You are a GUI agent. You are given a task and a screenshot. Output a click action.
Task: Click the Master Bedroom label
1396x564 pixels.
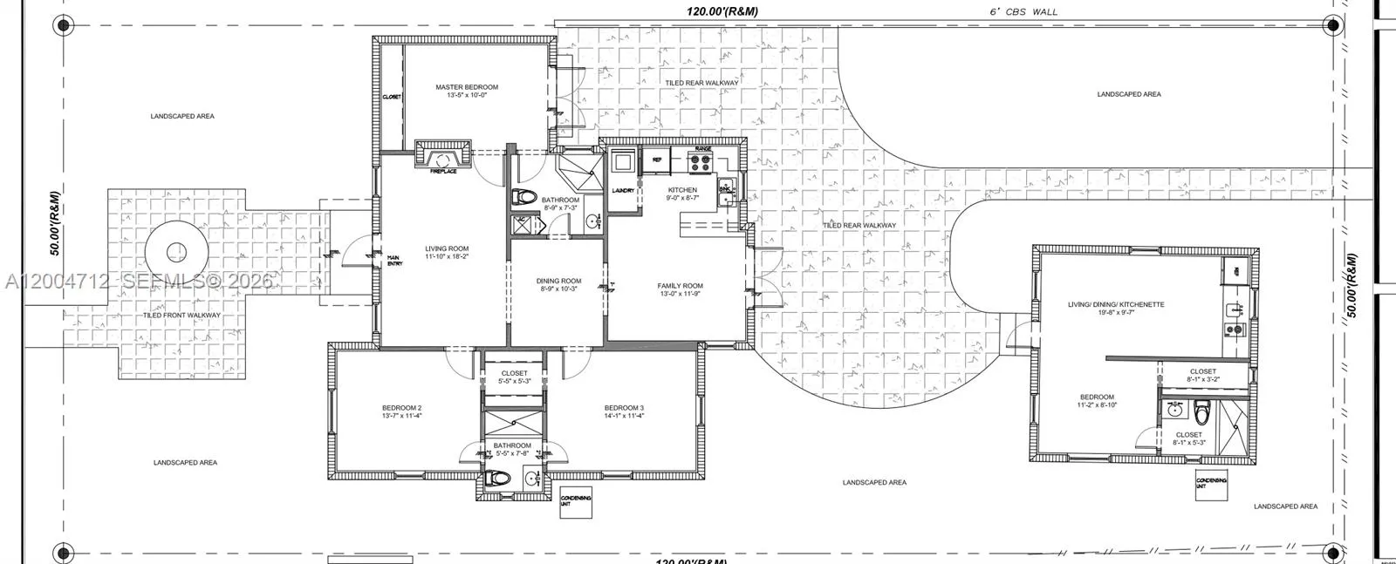(467, 87)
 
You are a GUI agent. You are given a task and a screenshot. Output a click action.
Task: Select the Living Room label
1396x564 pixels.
(447, 249)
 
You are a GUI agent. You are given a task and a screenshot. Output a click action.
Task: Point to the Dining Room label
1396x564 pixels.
(558, 282)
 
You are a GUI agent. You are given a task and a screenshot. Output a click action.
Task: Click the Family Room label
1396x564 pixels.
(680, 286)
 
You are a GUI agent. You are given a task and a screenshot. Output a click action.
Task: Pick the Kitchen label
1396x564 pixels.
(682, 190)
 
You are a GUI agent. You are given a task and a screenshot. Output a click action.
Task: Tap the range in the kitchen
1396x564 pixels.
(701, 160)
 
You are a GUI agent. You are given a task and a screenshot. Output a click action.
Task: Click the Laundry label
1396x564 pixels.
(623, 189)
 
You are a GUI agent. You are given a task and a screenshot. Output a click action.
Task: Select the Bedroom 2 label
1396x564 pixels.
(401, 408)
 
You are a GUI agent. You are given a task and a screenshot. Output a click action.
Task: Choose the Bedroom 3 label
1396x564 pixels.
(624, 408)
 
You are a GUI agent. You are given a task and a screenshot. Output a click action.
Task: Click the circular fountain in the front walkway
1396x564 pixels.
(177, 253)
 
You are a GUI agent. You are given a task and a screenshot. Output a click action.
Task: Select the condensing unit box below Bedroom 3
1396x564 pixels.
(576, 502)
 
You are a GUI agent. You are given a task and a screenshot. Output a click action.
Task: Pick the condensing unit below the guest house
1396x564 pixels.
(1211, 483)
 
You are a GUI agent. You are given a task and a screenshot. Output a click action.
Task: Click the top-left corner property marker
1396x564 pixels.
(63, 24)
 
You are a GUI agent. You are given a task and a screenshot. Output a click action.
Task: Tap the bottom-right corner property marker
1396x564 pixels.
(1331, 552)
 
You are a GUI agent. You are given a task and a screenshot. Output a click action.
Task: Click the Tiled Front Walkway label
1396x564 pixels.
(181, 316)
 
